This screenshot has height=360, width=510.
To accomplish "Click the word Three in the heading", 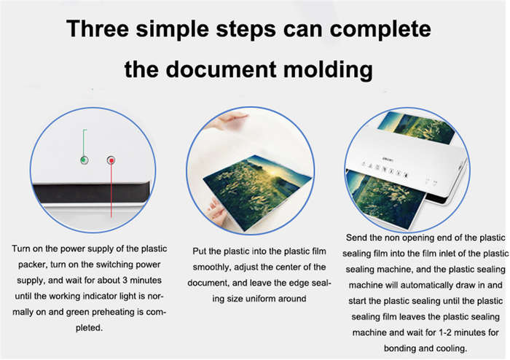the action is tap(98, 28).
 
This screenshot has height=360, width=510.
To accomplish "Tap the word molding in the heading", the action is tap(328, 70).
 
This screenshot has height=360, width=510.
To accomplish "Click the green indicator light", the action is tap(84, 160).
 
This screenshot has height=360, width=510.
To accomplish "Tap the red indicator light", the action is tap(111, 160).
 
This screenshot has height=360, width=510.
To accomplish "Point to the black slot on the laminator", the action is tap(92, 193).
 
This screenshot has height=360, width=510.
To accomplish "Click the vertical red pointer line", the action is tap(111, 189).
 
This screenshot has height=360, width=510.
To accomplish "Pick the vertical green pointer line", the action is tap(84, 144).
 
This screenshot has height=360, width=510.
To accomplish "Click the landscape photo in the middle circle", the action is tap(258, 192).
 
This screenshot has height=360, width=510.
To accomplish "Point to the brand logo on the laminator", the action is tap(388, 160).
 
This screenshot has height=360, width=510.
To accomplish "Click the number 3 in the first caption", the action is tap(125, 281).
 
